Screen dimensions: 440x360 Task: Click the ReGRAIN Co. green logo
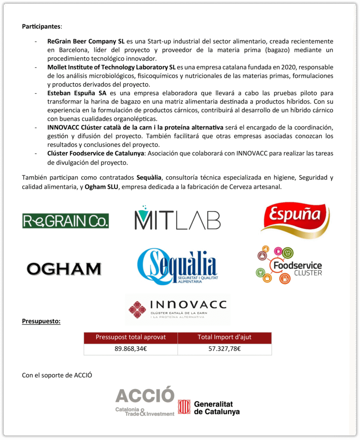click(65, 220)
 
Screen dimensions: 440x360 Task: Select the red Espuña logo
click(295, 220)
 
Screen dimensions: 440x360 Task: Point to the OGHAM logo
click(64, 269)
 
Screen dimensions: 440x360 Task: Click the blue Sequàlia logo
click(177, 267)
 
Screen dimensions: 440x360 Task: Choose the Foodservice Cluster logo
click(289, 265)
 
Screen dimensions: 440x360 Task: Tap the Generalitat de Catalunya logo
click(209, 407)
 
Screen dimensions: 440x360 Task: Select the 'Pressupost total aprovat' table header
click(131, 337)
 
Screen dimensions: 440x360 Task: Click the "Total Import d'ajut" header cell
click(224, 337)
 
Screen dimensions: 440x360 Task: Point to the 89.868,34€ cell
click(131, 349)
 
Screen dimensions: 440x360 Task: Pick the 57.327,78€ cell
click(224, 349)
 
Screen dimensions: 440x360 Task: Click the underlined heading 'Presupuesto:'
click(41, 321)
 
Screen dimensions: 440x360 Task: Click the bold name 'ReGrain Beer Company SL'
click(86, 42)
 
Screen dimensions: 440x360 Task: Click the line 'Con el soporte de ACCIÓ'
click(57, 375)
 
